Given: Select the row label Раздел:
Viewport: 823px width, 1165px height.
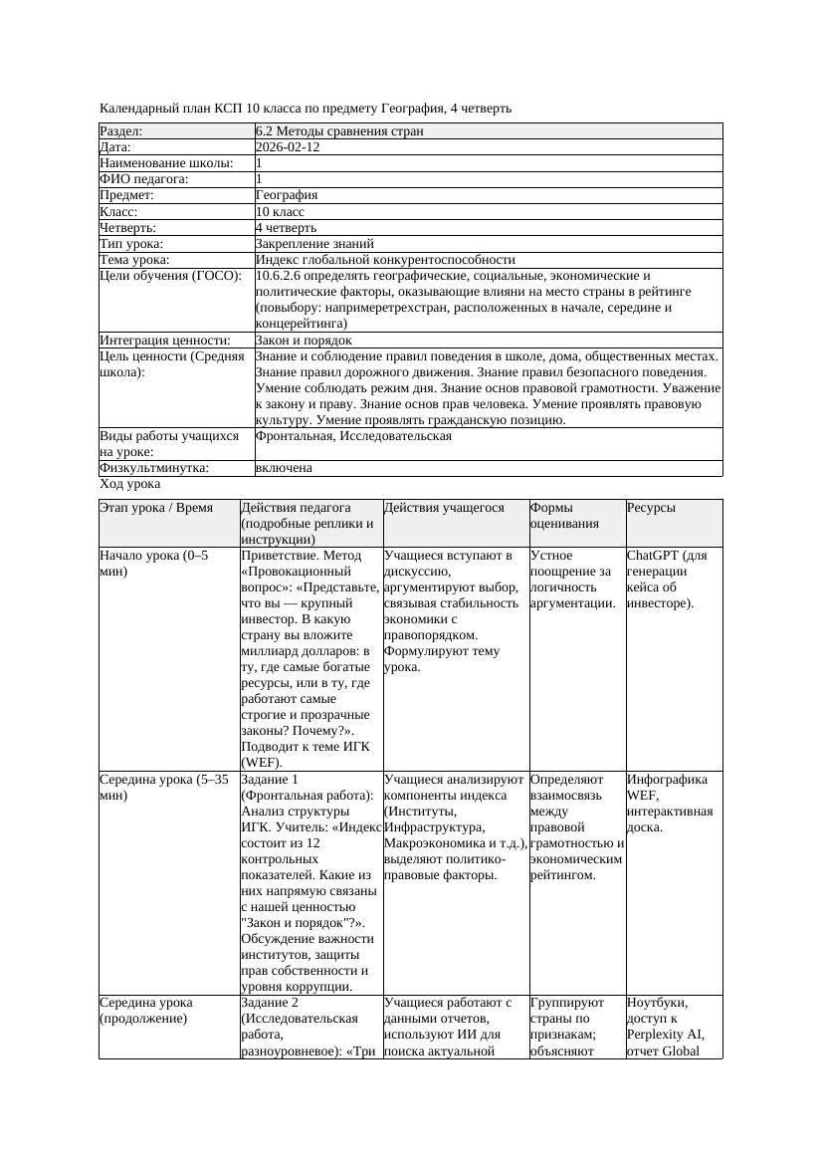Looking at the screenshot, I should click(x=121, y=130).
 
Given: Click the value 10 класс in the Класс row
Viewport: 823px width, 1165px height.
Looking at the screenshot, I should click(x=280, y=211).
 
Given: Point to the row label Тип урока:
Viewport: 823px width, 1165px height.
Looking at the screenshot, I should click(x=131, y=243).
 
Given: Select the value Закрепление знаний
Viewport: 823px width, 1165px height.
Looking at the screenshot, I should click(x=314, y=243).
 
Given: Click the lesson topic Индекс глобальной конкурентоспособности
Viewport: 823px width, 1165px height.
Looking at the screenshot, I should click(x=385, y=259).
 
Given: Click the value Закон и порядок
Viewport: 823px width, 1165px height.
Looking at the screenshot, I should click(x=304, y=340).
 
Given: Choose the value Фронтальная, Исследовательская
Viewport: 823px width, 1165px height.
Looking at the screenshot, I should click(x=353, y=436).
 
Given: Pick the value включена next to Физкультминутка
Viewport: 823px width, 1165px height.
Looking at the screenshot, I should click(x=284, y=468).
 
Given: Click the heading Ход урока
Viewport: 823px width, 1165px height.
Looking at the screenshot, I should click(x=130, y=484).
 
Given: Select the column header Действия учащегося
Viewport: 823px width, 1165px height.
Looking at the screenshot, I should click(x=444, y=507).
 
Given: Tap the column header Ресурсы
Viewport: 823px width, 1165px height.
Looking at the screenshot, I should click(x=651, y=507).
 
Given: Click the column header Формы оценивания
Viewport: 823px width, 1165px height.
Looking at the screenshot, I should click(x=559, y=515).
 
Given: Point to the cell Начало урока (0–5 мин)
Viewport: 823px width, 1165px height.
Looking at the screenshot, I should click(x=153, y=563).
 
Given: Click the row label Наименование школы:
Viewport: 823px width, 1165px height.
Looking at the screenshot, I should click(x=167, y=162).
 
